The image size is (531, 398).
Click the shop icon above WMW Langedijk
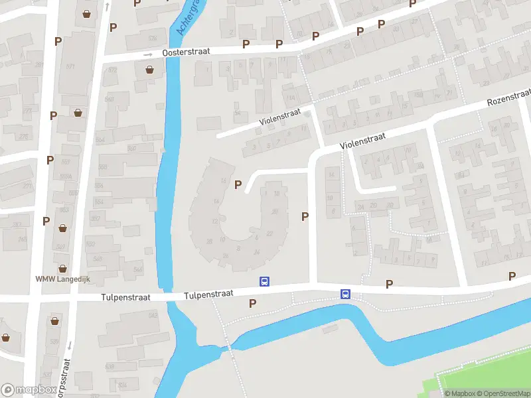63,269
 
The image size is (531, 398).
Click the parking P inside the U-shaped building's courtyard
238,185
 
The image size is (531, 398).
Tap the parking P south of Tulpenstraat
252,303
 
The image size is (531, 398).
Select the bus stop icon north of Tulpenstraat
264,281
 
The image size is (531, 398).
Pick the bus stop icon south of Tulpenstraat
346,294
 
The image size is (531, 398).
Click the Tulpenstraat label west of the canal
126,298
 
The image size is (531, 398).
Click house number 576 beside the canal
153,38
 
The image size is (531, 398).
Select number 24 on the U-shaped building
257,251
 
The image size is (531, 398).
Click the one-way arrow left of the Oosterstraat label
150,55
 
